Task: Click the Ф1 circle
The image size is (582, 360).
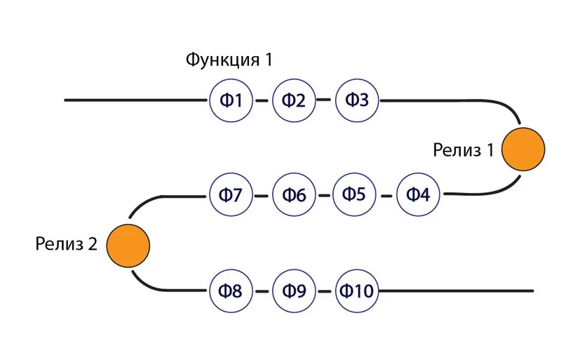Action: [x=231, y=100]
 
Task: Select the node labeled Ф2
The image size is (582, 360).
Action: [x=294, y=100]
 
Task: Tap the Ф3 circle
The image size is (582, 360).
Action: [x=357, y=100]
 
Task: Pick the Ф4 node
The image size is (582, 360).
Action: [x=418, y=194]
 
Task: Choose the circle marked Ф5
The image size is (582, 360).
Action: [x=354, y=194]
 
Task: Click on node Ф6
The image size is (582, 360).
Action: [x=294, y=194]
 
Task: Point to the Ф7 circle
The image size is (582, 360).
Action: [x=231, y=194]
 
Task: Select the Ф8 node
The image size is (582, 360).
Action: [x=231, y=290]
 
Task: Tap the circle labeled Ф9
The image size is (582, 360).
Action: [x=294, y=290]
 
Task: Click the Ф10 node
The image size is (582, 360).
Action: [x=357, y=290]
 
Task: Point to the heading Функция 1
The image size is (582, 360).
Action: [x=228, y=60]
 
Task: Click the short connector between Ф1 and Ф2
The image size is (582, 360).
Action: [x=262, y=100]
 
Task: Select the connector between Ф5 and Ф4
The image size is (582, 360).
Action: [x=386, y=195]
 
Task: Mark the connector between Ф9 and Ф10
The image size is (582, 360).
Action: [x=325, y=290]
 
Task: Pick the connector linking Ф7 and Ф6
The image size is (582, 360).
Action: [x=262, y=195]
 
